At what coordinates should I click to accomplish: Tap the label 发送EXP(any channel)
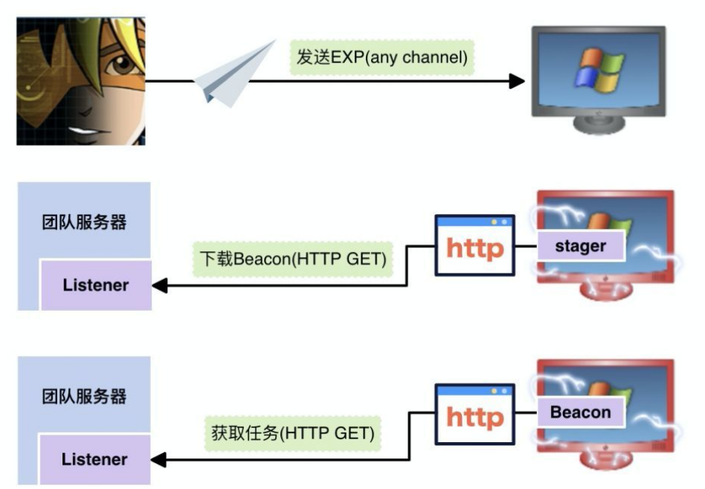[x=382, y=58]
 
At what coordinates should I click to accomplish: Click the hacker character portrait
[x=81, y=81]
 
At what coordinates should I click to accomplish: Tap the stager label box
[x=581, y=246]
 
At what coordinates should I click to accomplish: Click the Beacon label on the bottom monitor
[x=581, y=412]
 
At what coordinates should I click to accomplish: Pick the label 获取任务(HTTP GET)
[x=292, y=431]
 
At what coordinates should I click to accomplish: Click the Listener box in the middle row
[x=95, y=285]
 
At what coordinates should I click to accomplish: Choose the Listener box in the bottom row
[x=95, y=459]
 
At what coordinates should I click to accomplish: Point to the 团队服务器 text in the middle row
[x=84, y=222]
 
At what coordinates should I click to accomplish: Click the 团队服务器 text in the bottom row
[x=84, y=396]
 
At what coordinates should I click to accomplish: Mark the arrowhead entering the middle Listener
[x=158, y=286]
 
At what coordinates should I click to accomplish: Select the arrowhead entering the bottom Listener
[x=158, y=460]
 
